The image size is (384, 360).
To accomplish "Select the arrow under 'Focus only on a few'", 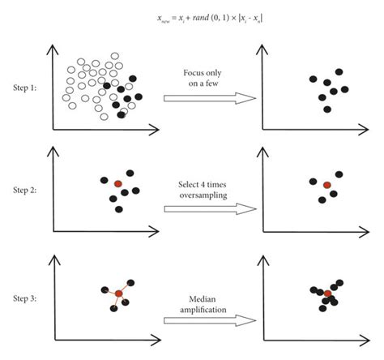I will click(210, 99).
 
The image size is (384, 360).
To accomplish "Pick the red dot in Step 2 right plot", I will click(326, 186).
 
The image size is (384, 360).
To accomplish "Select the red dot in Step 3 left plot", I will click(118, 293).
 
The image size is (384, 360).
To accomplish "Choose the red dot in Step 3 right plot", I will click(327, 294).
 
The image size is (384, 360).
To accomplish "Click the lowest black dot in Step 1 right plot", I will click(327, 109).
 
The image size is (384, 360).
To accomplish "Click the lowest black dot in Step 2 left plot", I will click(119, 209).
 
